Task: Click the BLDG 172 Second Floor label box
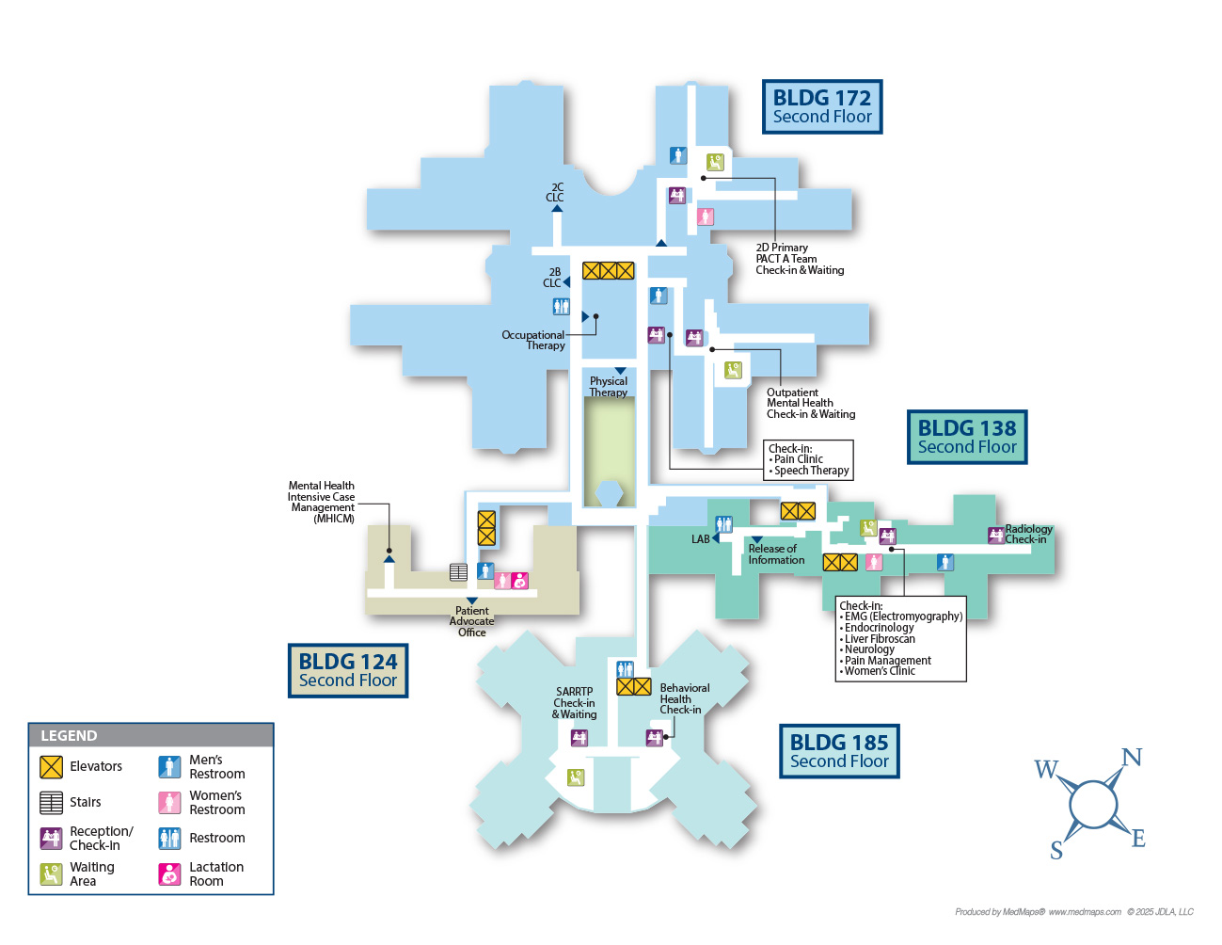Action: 822,106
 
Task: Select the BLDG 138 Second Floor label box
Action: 967,437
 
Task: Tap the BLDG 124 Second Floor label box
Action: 348,670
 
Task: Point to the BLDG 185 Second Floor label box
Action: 839,751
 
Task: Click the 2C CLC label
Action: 555,192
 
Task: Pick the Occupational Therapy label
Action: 534,340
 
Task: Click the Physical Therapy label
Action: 609,386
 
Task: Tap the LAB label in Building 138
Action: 701,539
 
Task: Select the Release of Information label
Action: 776,554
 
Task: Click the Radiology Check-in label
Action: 1027,534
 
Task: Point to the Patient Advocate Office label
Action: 472,621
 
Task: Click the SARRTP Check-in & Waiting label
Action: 574,703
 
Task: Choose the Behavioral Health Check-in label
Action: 684,698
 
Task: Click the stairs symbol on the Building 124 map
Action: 458,571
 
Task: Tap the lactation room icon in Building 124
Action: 519,581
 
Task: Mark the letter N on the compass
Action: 1132,758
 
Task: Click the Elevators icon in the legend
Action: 51,766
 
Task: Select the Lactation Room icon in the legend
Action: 169,873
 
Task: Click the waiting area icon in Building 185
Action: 576,777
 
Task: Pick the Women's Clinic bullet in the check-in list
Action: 880,671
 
